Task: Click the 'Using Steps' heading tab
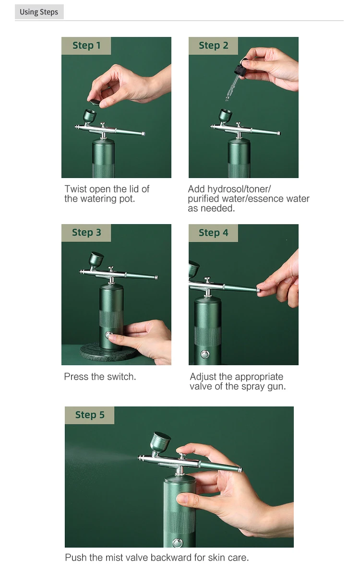[39, 12]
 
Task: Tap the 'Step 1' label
[86, 46]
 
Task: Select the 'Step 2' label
[213, 46]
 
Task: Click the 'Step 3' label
[86, 232]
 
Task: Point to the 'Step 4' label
[213, 232]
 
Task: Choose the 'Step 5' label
[90, 415]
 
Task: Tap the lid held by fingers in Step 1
[95, 102]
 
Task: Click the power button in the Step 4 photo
[205, 354]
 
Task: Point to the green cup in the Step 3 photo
[96, 259]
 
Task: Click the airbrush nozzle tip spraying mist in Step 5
[139, 457]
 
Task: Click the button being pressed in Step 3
[108, 334]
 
